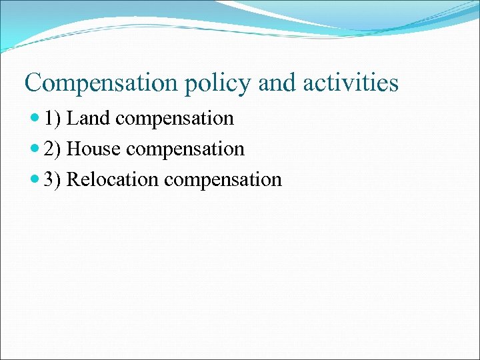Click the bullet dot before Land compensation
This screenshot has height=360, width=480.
click(x=35, y=119)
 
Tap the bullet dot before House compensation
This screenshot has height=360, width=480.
click(x=35, y=149)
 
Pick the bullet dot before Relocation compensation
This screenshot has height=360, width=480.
click(x=35, y=180)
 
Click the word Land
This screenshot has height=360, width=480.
click(x=89, y=119)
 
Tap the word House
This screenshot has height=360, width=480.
click(x=94, y=149)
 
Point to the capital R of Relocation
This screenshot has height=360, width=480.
click(x=74, y=180)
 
